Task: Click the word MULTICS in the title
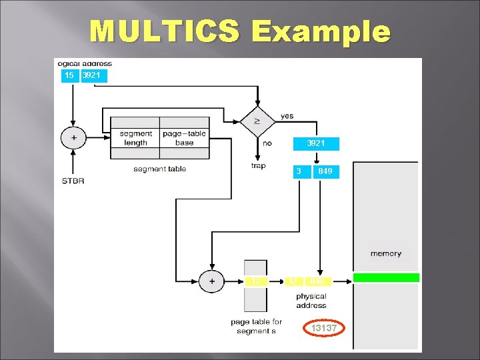click(164, 31)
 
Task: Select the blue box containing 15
click(69, 75)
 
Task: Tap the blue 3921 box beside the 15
click(93, 75)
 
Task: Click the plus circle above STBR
click(73, 138)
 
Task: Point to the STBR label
click(73, 181)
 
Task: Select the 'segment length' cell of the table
click(135, 138)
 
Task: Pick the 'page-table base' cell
click(185, 138)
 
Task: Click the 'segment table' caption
click(159, 169)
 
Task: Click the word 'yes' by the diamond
click(287, 116)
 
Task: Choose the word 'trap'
click(258, 165)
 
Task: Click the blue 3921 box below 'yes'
click(317, 143)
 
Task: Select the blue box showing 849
click(325, 171)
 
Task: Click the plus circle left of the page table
click(212, 281)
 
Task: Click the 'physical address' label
click(311, 301)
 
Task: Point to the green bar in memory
click(386, 277)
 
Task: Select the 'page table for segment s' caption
click(256, 327)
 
